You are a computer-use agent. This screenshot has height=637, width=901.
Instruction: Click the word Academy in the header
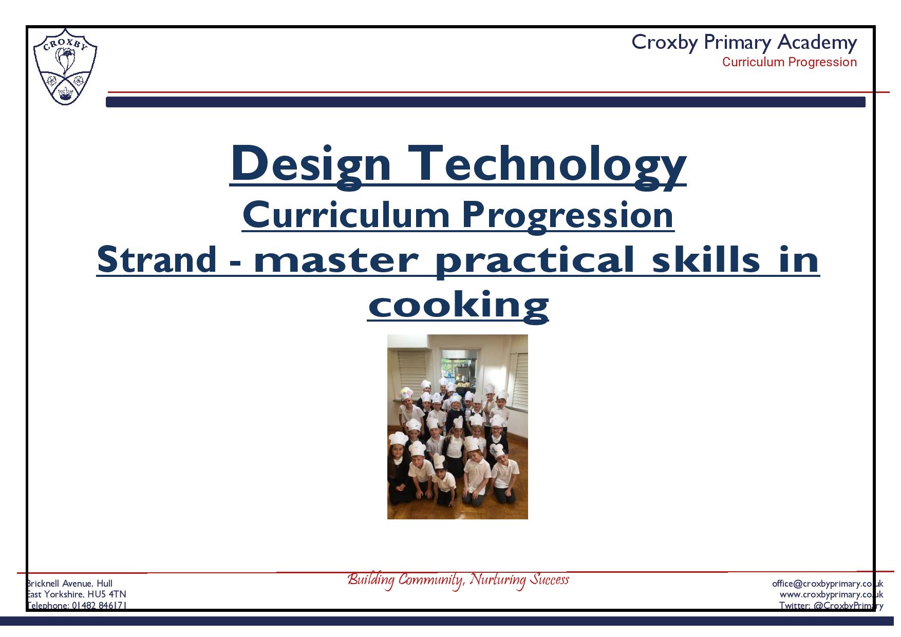817,42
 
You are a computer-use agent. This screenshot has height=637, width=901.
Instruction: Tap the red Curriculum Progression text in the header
790,62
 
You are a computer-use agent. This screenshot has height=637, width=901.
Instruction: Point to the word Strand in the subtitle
157,260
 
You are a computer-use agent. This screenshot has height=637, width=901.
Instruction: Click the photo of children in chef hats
457,427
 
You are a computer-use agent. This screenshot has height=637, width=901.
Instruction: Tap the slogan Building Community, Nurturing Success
458,580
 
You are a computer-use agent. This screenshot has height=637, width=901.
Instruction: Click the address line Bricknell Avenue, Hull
69,584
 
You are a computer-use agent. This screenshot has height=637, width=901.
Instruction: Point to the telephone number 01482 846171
99,605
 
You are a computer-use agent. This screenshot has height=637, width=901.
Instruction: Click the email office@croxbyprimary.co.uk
828,584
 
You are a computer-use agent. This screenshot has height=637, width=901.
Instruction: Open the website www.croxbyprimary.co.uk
831,594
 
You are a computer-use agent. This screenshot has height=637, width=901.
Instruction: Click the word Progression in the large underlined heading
568,216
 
